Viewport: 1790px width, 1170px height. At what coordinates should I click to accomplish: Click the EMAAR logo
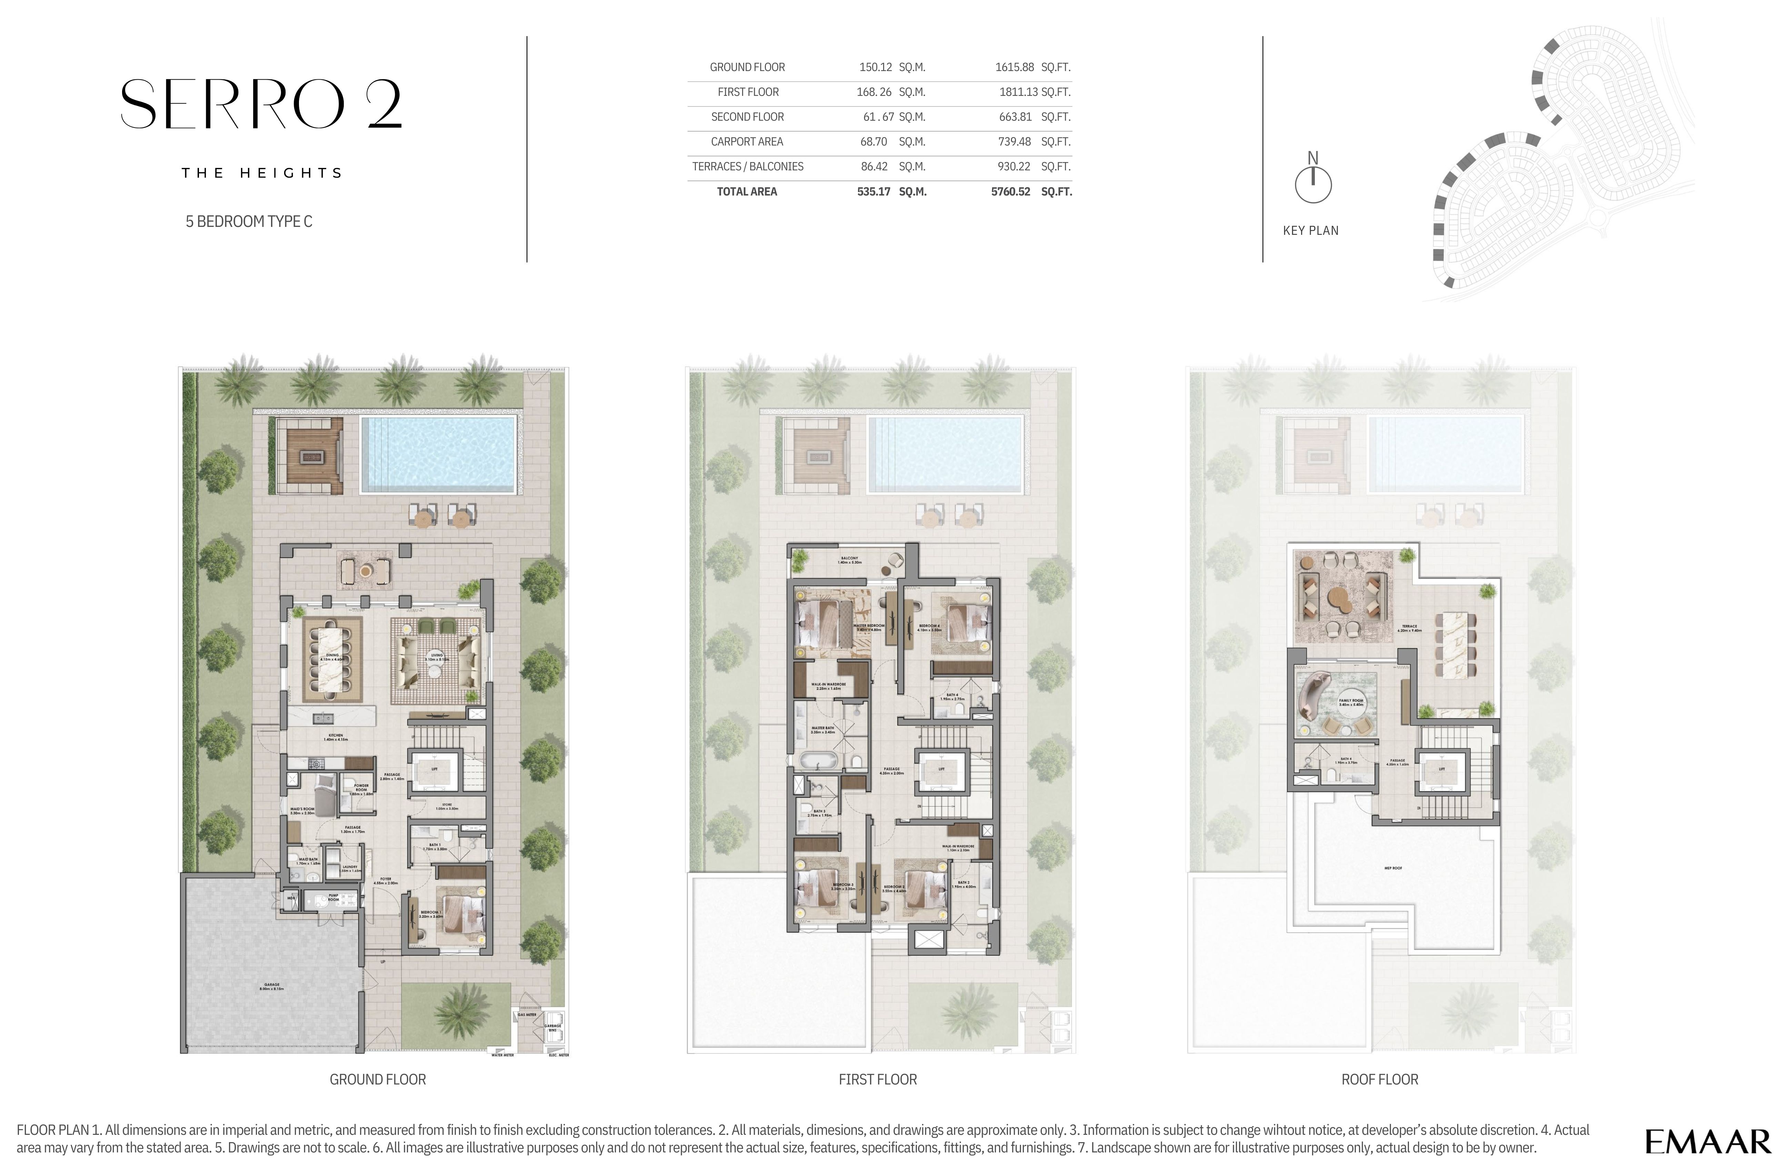(1707, 1141)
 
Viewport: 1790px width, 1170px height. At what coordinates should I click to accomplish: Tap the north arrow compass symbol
(1312, 183)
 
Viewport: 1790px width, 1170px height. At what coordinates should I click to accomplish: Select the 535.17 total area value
(873, 192)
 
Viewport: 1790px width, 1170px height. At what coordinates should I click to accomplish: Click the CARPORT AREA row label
(747, 141)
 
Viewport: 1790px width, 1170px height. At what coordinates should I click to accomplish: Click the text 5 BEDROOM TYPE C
(249, 221)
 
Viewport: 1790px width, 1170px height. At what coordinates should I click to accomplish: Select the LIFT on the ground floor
(434, 770)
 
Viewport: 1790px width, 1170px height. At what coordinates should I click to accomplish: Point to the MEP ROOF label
(1393, 868)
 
